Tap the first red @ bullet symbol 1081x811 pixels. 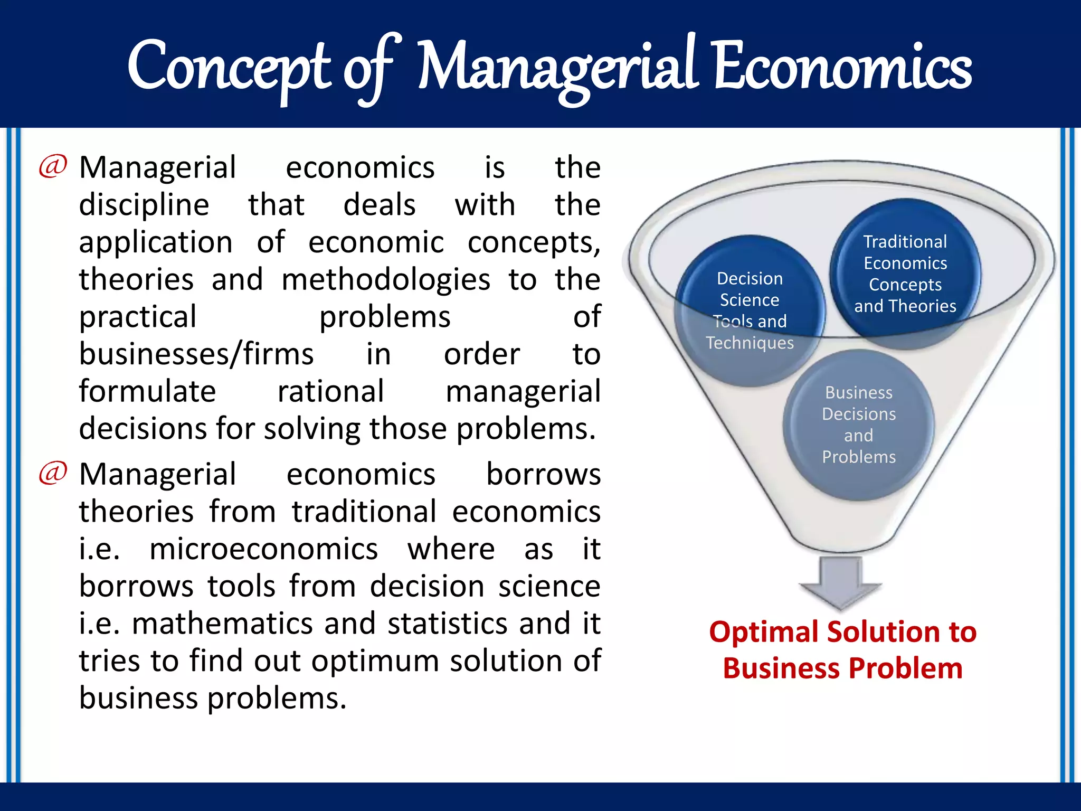pos(53,166)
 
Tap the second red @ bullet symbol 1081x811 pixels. pos(53,473)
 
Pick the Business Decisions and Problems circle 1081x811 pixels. pos(858,425)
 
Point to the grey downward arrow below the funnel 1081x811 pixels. pos(840,583)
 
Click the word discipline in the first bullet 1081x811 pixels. pos(144,205)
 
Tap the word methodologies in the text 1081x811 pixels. pos(385,280)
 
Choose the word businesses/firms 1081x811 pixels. pos(196,354)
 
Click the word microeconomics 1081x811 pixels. pos(263,549)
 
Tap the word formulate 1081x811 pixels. pos(147,391)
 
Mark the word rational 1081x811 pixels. pos(330,391)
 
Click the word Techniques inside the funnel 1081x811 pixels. pos(750,343)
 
